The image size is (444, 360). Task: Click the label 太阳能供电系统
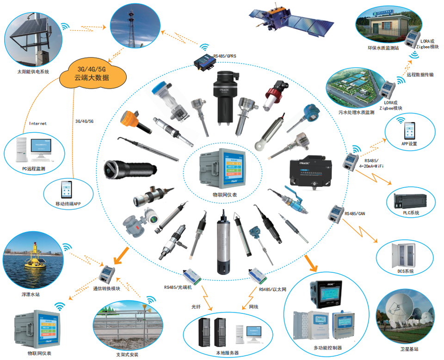[33, 72]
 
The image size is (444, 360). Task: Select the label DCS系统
[405, 271]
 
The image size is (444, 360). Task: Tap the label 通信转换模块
[106, 288]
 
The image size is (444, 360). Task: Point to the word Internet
[38, 123]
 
